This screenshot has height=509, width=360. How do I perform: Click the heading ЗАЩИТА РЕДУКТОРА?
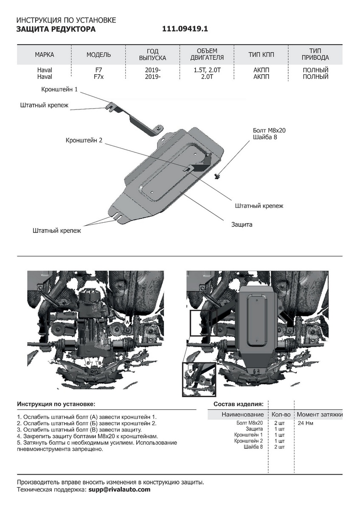(56, 30)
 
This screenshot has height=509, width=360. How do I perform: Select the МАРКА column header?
(45, 55)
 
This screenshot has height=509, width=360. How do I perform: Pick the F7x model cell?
(98, 77)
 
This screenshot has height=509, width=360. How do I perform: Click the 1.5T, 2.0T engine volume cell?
(208, 70)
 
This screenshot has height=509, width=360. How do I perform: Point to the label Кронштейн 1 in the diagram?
(59, 90)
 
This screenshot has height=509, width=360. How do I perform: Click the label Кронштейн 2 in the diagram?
(84, 140)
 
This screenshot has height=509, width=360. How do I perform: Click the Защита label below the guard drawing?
(242, 224)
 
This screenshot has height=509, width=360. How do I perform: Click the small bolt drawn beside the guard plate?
(218, 176)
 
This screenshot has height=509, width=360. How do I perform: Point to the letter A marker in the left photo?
(127, 322)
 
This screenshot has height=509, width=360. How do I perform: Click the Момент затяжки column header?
(319, 414)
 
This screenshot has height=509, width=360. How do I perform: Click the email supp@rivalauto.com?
(119, 489)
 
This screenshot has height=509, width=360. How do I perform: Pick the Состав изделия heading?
(238, 404)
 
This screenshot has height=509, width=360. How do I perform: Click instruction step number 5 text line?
(97, 442)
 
